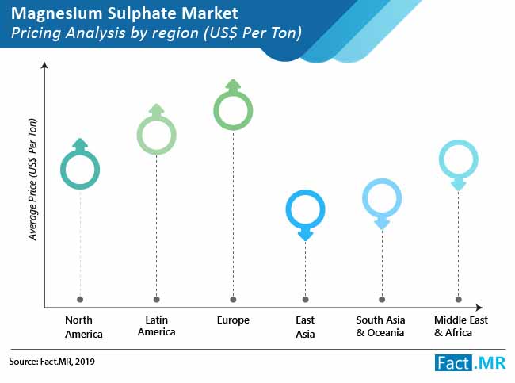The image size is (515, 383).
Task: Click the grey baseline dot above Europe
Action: (233, 299)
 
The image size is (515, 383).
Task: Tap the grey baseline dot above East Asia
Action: (306, 299)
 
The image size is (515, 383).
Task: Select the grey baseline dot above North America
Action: (80, 299)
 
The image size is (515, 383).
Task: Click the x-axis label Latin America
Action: (157, 326)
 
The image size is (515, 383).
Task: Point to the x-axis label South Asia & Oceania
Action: (380, 326)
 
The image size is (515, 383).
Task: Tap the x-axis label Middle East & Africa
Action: (461, 326)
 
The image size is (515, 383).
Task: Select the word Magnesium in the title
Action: (57, 13)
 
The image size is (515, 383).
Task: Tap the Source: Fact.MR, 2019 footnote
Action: (51, 362)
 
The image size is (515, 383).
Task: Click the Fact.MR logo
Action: (470, 363)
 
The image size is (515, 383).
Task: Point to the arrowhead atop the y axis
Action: (44, 65)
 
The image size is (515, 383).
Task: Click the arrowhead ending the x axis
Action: (479, 308)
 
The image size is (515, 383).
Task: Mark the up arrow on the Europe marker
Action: (233, 86)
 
